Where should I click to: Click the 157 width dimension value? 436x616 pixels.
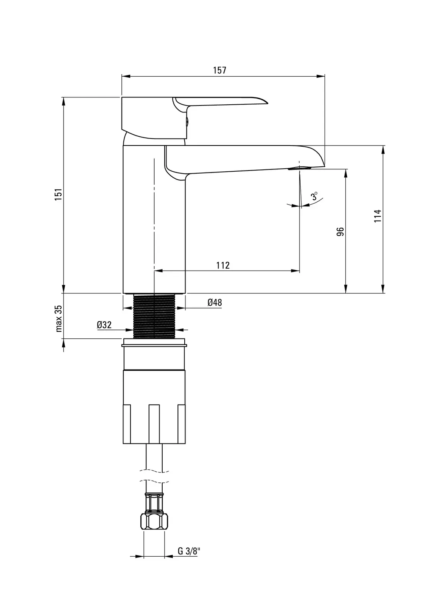point(220,70)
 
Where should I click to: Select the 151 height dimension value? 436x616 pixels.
point(58,194)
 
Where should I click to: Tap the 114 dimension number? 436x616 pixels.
point(377,216)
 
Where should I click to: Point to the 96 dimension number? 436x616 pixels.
point(340,231)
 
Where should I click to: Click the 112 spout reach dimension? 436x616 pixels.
point(223,265)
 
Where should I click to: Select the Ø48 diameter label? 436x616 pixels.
point(215,303)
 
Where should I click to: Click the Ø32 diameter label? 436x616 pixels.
point(104,325)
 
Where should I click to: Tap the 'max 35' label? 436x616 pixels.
point(59,318)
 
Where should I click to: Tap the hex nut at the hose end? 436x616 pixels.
point(154,522)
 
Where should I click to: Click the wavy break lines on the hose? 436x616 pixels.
point(154,476)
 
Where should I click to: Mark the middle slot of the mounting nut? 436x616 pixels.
point(154,423)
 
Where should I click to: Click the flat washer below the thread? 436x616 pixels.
point(154,341)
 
